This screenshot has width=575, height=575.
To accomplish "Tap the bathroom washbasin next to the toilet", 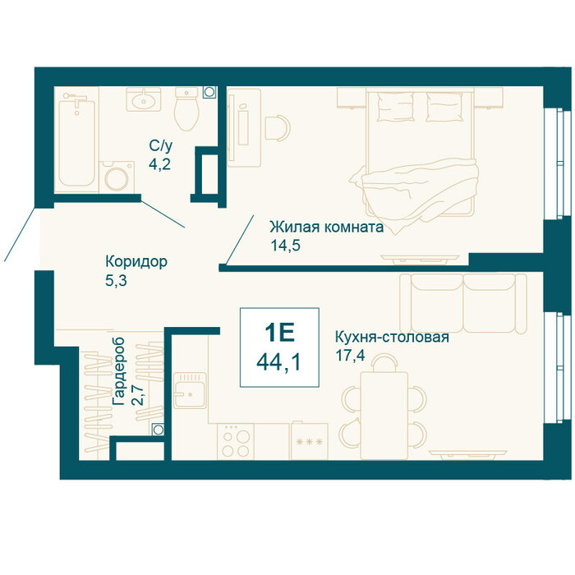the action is (x=144, y=99).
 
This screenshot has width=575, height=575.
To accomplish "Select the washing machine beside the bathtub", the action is (x=117, y=177).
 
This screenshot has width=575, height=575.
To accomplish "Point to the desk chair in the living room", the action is (x=278, y=128).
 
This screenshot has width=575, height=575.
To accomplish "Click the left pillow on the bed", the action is (x=395, y=107).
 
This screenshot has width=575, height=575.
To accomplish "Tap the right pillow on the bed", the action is (x=444, y=107).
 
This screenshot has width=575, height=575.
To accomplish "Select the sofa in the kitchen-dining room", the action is (x=463, y=303).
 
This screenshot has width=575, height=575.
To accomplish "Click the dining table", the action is (x=384, y=415).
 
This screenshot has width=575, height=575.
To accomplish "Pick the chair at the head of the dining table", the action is (x=384, y=362).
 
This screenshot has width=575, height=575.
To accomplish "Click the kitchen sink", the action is (x=190, y=390).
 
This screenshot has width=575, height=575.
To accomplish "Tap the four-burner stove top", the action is (x=236, y=442).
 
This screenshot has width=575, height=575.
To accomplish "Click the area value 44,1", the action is (x=278, y=363).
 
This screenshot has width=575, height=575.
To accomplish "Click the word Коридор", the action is (x=136, y=262).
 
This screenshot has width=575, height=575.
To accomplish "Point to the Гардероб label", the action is (x=119, y=371).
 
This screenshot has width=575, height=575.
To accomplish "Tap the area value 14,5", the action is (x=285, y=246).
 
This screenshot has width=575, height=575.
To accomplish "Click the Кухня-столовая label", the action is (x=392, y=337).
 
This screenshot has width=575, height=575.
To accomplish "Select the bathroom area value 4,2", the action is (x=159, y=164).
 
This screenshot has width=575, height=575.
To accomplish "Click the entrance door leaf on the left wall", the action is (x=20, y=234).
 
